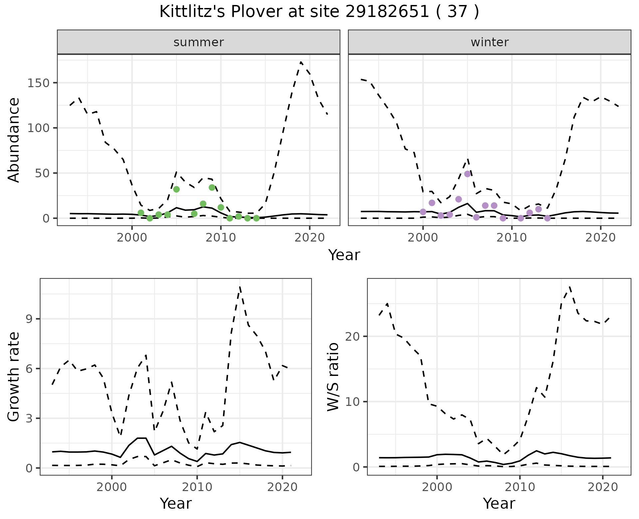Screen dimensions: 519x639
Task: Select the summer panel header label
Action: click(x=199, y=42)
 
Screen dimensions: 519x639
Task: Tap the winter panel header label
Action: click(x=490, y=42)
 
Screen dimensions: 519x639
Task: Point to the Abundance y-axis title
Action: click(x=14, y=140)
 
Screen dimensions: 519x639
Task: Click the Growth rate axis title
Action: click(x=14, y=377)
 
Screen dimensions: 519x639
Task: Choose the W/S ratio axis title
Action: click(x=333, y=377)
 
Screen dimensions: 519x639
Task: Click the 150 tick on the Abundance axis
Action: click(x=38, y=83)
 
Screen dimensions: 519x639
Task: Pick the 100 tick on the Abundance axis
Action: click(x=38, y=128)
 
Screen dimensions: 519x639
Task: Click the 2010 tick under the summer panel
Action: click(x=221, y=238)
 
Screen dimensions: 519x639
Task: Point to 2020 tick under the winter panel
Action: click(x=600, y=238)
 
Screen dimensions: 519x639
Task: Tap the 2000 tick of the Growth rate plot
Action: click(x=112, y=487)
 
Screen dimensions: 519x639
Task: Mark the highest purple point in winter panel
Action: click(x=467, y=174)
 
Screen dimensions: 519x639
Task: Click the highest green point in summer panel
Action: click(x=212, y=188)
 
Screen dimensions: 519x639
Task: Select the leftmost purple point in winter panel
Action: click(x=423, y=212)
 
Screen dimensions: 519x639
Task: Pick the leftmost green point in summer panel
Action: click(x=141, y=213)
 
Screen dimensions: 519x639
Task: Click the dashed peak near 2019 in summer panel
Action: click(x=301, y=62)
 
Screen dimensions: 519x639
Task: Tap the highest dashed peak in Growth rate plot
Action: click(x=240, y=286)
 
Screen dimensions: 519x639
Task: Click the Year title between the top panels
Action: click(x=344, y=255)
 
